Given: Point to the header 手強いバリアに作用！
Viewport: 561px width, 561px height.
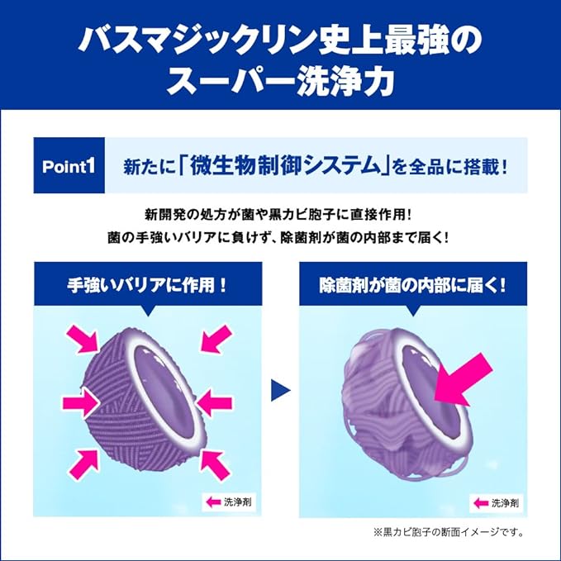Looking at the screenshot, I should pos(147,285).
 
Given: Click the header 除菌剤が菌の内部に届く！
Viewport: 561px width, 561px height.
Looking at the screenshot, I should pos(412,285).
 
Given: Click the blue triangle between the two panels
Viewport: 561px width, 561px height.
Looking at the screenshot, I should pos(281,389).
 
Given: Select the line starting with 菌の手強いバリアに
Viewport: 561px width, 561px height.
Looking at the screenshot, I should pos(280,237).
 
